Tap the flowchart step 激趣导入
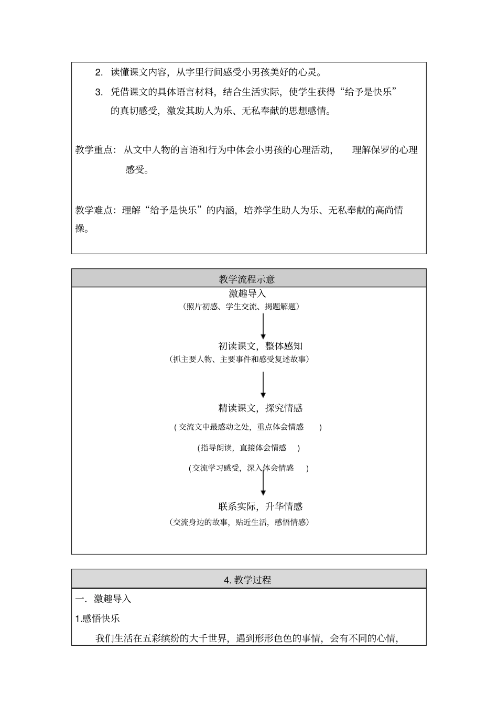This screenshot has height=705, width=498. click(247, 294)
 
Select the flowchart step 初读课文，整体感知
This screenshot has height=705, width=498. click(261, 346)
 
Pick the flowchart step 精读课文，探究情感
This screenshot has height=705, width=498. click(261, 408)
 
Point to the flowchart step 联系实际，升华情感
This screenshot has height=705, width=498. click(261, 506)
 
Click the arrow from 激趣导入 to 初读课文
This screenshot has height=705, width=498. click(263, 326)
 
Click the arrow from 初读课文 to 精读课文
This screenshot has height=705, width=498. click(263, 385)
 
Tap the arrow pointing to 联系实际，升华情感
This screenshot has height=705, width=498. click(263, 482)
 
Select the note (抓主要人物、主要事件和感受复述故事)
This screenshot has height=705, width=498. click(240, 359)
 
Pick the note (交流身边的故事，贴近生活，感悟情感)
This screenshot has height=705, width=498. click(240, 522)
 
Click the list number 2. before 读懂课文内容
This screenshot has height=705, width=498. click(99, 72)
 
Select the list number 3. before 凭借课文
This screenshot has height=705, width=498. click(99, 92)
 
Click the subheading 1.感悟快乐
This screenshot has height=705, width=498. click(98, 619)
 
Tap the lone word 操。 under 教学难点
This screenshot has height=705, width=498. click(82, 229)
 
